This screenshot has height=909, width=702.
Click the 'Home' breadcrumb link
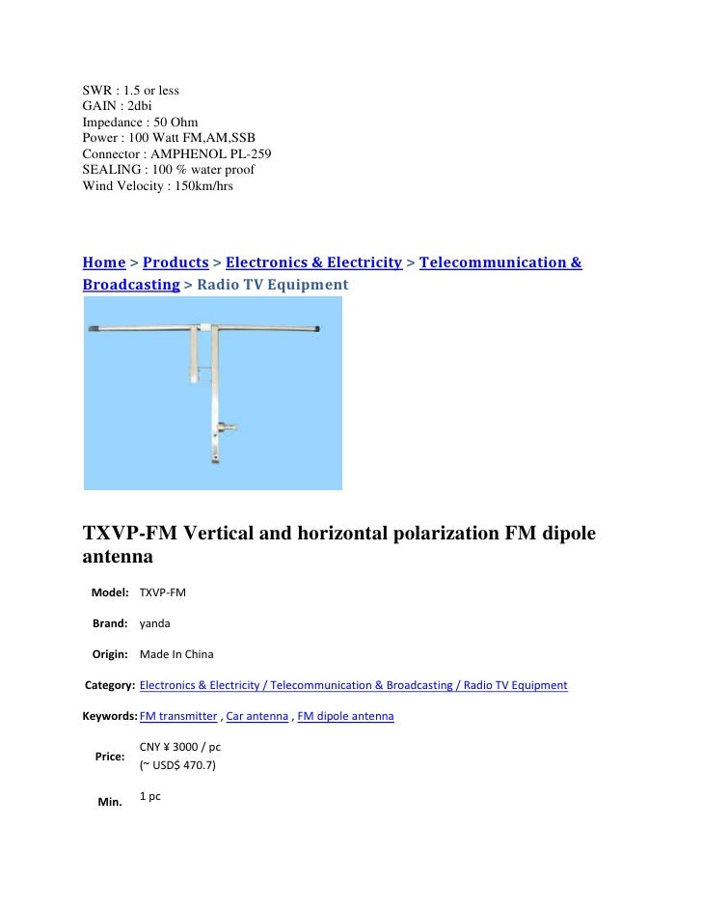click(104, 262)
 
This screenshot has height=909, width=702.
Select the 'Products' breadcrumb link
click(175, 262)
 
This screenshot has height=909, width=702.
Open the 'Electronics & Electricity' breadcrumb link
click(313, 262)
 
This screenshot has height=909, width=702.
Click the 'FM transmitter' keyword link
click(178, 717)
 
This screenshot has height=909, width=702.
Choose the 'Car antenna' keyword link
click(257, 717)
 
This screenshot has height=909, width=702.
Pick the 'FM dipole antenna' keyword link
click(346, 717)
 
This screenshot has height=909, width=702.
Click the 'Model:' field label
click(110, 592)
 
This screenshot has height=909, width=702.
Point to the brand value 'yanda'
click(154, 623)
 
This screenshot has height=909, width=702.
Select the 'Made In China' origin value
click(176, 654)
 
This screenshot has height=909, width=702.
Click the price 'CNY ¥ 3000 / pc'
click(180, 747)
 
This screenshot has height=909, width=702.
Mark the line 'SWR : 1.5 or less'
click(130, 92)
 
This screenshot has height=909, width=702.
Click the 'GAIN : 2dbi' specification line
click(117, 107)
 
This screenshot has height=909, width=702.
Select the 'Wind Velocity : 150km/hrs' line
click(157, 184)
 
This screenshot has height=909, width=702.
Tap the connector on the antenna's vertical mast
click(227, 426)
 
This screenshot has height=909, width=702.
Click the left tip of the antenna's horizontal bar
click(92, 330)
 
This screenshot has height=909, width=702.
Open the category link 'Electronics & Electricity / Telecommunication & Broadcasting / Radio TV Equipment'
click(353, 686)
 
